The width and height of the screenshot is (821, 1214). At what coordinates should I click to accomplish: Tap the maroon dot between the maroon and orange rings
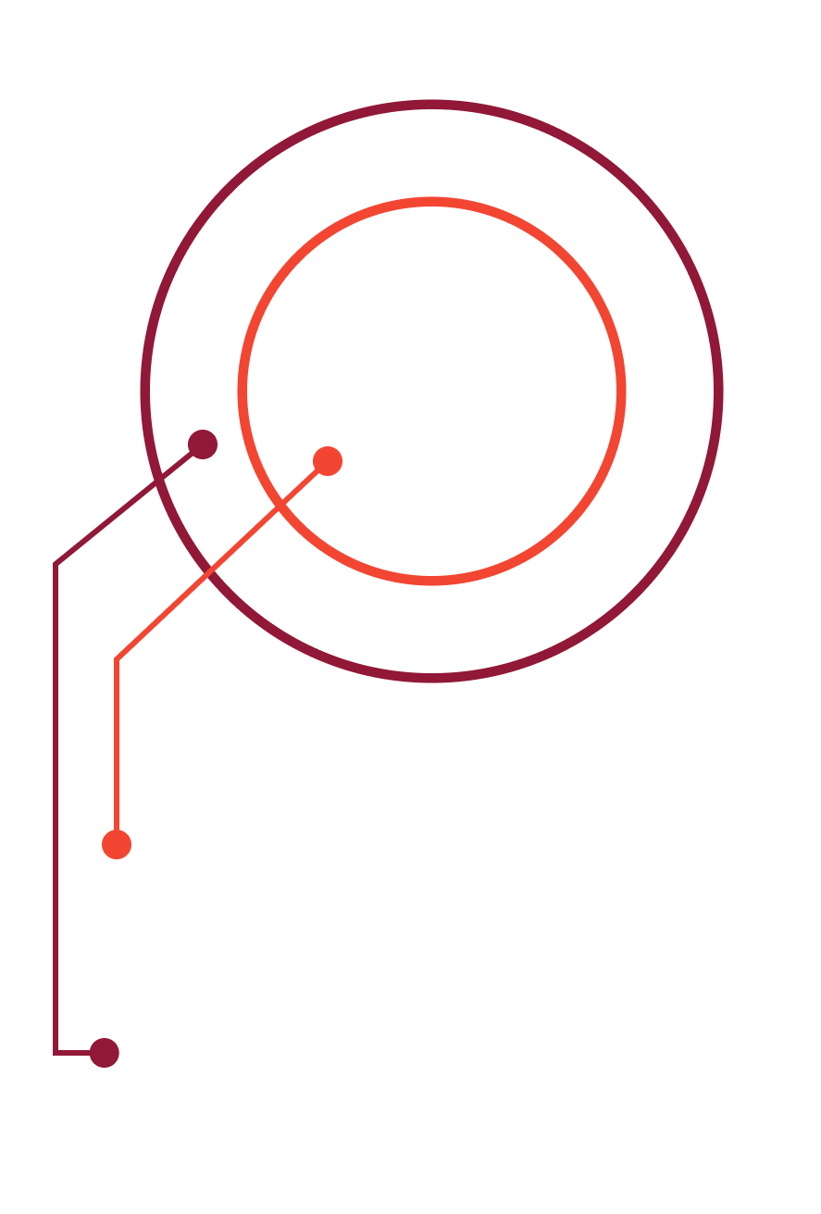pyautogui.click(x=203, y=444)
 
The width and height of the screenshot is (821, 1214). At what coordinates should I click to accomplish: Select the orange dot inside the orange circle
pyautogui.click(x=328, y=460)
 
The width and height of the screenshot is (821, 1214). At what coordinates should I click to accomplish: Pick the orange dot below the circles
pyautogui.click(x=117, y=844)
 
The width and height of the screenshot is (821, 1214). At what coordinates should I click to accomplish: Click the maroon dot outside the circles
pyautogui.click(x=105, y=1053)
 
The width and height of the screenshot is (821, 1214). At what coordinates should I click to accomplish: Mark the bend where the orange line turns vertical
pyautogui.click(x=117, y=660)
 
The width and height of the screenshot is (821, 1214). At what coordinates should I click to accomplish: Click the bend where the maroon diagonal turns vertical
pyautogui.click(x=56, y=563)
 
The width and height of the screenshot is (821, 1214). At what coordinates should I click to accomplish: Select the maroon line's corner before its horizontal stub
pyautogui.click(x=56, y=1053)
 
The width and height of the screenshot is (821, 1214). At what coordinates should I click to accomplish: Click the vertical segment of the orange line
pyautogui.click(x=117, y=750)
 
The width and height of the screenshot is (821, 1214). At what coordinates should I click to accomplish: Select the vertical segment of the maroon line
pyautogui.click(x=56, y=806)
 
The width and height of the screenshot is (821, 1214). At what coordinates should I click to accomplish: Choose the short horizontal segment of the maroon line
pyautogui.click(x=74, y=1053)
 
